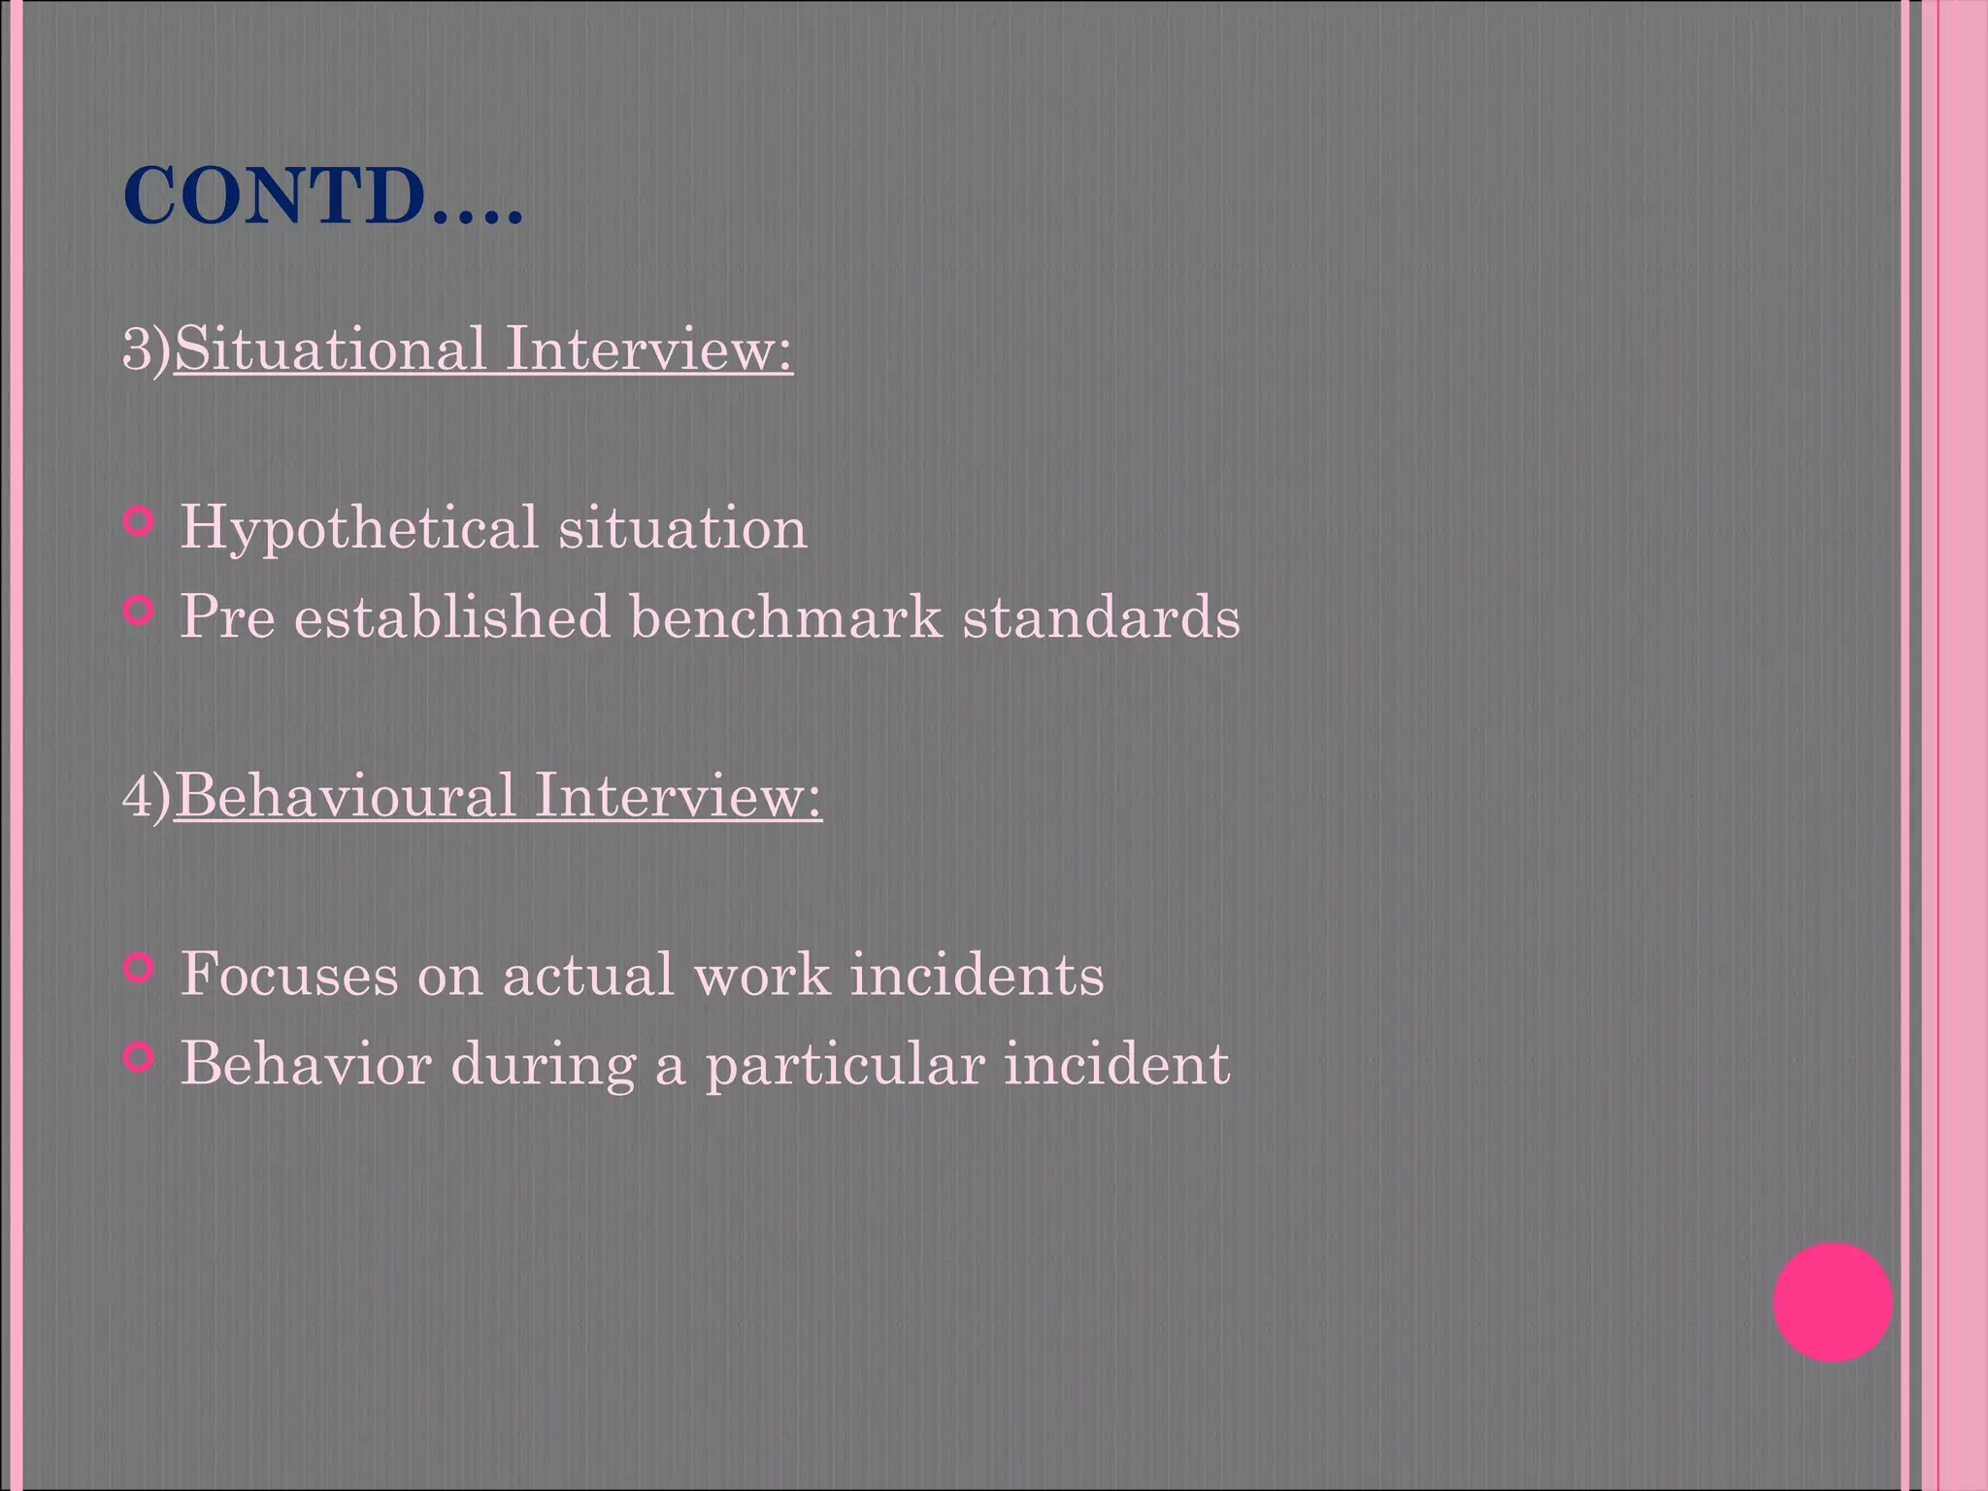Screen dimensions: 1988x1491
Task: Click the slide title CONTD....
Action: [322, 198]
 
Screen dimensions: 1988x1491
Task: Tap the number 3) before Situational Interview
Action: [146, 349]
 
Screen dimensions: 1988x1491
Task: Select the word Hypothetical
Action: [358, 530]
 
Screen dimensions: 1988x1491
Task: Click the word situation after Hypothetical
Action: [682, 528]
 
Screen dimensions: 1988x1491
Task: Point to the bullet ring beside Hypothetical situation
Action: [140, 522]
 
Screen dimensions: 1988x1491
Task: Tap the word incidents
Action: [977, 975]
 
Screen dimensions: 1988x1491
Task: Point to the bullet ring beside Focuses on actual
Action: [140, 968]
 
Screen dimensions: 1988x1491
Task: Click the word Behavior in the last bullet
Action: [306, 1064]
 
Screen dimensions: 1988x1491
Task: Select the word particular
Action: [844, 1066]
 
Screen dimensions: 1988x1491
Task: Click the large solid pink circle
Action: [1832, 1303]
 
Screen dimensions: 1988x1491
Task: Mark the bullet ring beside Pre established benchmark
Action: [140, 611]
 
